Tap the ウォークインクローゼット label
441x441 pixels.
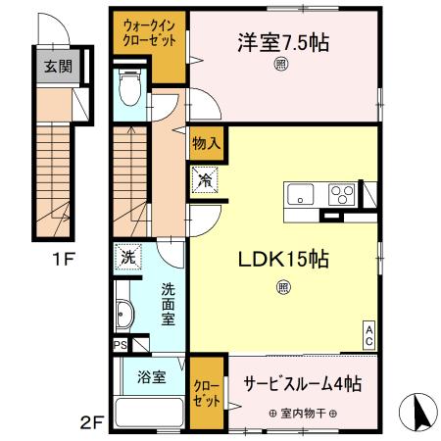click(x=150, y=34)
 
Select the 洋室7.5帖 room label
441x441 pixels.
click(x=281, y=42)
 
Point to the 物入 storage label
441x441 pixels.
click(x=205, y=143)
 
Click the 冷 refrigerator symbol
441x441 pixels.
click(x=206, y=180)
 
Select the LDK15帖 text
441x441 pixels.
click(x=281, y=261)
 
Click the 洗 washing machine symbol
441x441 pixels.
click(x=127, y=257)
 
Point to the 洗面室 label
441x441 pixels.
click(x=168, y=304)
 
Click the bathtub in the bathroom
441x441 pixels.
click(x=149, y=415)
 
